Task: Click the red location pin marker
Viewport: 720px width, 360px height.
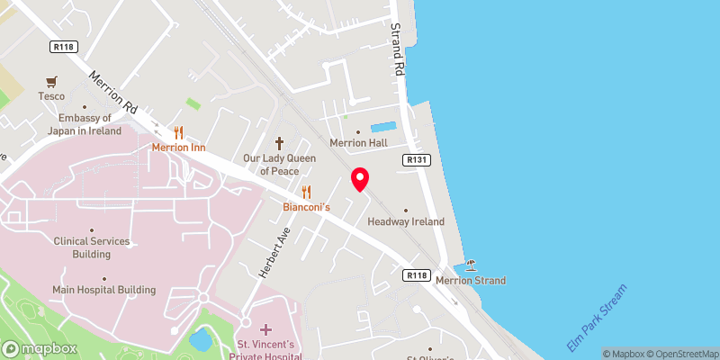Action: (x=360, y=179)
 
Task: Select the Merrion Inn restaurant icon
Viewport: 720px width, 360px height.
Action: (x=178, y=131)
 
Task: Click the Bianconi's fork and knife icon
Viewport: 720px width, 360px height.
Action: (x=307, y=192)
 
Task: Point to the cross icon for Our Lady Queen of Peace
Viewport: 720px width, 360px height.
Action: (x=279, y=143)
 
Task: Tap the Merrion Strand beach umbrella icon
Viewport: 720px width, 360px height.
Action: (x=471, y=265)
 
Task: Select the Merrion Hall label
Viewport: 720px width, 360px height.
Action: (x=357, y=144)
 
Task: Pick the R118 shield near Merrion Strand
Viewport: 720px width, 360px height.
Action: (x=416, y=275)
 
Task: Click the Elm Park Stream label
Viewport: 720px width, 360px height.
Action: (x=596, y=319)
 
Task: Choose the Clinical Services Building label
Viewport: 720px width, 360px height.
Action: (x=92, y=247)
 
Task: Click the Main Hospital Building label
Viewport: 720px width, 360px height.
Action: (x=103, y=290)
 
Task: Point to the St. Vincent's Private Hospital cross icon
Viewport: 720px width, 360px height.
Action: (x=267, y=329)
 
